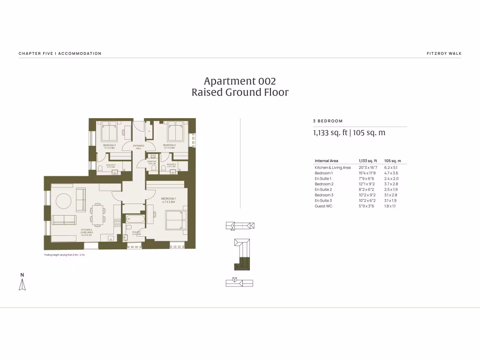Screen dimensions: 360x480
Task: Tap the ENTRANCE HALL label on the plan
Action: (138, 147)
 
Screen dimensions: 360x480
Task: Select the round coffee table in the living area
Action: (64, 202)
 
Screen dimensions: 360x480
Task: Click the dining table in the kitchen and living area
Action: (97, 216)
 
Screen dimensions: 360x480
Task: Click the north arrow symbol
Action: (22, 285)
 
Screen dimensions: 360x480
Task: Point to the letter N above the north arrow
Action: (22, 274)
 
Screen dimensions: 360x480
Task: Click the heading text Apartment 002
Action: (240, 81)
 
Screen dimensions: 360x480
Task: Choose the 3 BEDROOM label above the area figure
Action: (328, 121)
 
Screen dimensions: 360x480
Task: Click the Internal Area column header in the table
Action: (326, 161)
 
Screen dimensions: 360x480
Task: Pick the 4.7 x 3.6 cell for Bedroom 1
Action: (391, 173)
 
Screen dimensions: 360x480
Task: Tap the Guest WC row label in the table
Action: (323, 206)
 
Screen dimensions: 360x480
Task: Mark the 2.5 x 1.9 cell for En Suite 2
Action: (391, 189)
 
